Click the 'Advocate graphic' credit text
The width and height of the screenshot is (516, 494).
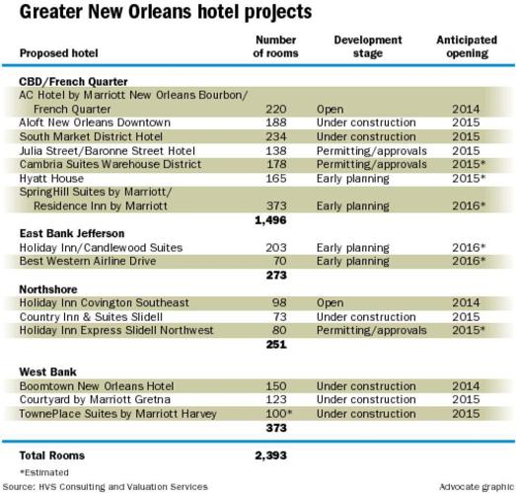tap(475, 486)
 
